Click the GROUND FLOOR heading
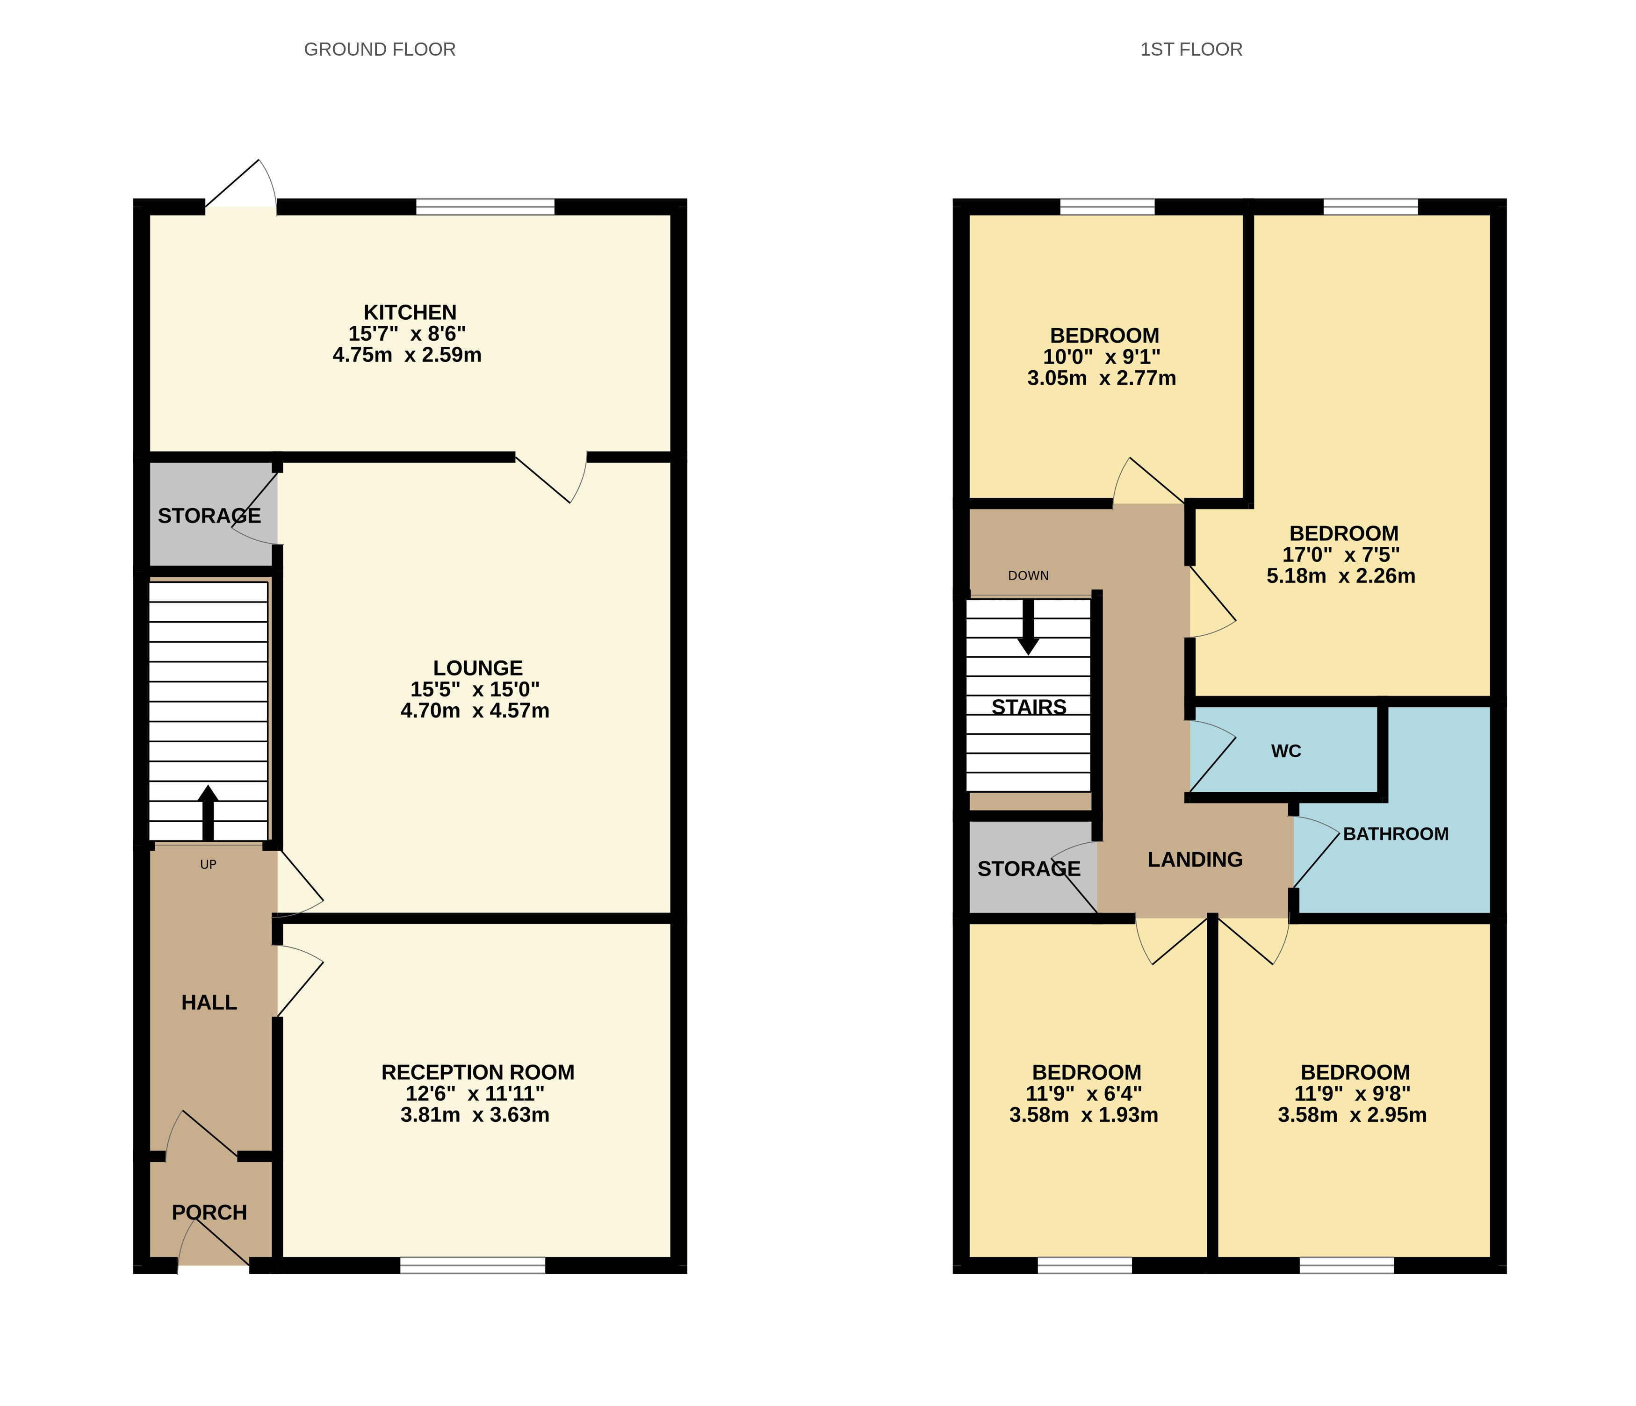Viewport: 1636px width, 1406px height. click(x=379, y=50)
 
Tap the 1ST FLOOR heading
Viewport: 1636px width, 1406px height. click(x=1191, y=50)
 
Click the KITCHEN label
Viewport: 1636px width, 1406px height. click(x=410, y=313)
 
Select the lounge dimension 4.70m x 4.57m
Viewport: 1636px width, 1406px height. click(x=475, y=710)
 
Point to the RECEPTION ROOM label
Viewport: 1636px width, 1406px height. click(x=478, y=1072)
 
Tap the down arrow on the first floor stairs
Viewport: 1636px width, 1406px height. click(x=1028, y=628)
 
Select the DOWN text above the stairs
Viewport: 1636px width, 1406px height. click(x=1028, y=575)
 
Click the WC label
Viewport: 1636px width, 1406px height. click(x=1285, y=751)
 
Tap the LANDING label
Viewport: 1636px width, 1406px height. click(x=1195, y=860)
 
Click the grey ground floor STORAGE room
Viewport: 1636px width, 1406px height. click(x=209, y=516)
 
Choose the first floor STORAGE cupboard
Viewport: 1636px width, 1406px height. click(x=1028, y=868)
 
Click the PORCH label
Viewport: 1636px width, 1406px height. click(x=209, y=1212)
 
